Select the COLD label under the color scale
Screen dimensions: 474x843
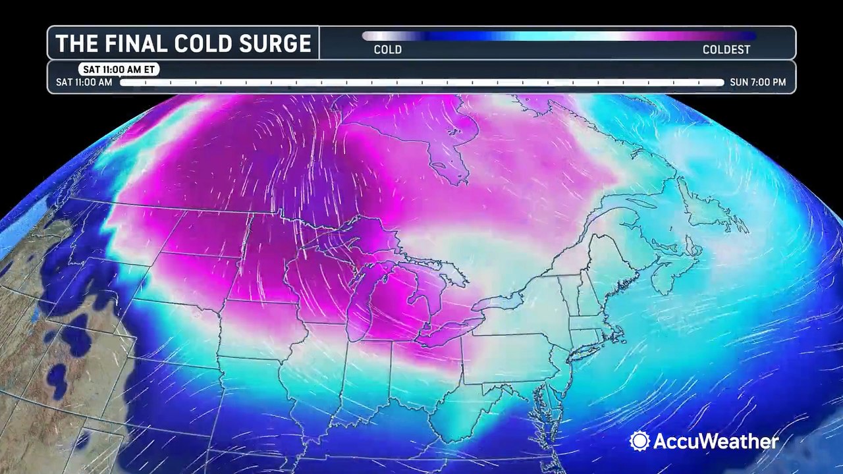(387, 49)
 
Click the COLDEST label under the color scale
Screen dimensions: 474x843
(726, 49)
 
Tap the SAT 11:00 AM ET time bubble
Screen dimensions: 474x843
(119, 69)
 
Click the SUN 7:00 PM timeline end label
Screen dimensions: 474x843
(757, 82)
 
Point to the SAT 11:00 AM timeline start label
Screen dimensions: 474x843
(84, 82)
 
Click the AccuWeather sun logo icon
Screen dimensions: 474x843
(639, 441)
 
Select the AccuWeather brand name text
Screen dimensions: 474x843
(715, 441)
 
